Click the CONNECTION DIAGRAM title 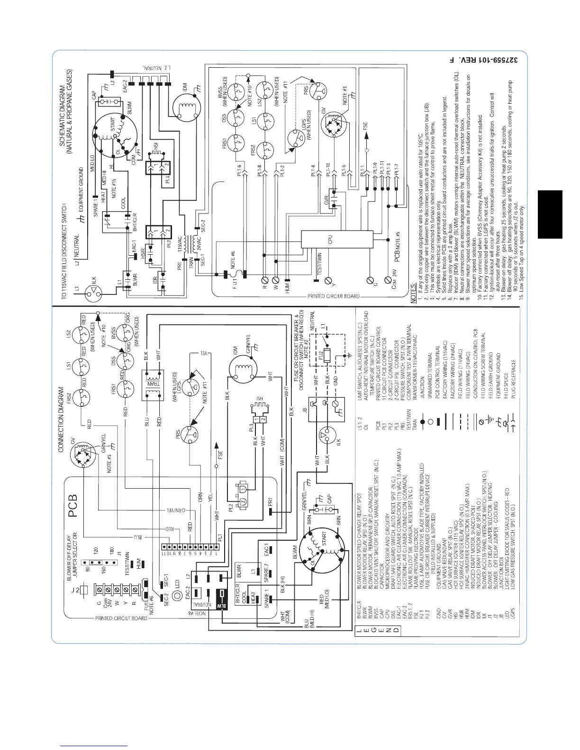(x=61, y=419)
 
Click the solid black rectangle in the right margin (x=550, y=214)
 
